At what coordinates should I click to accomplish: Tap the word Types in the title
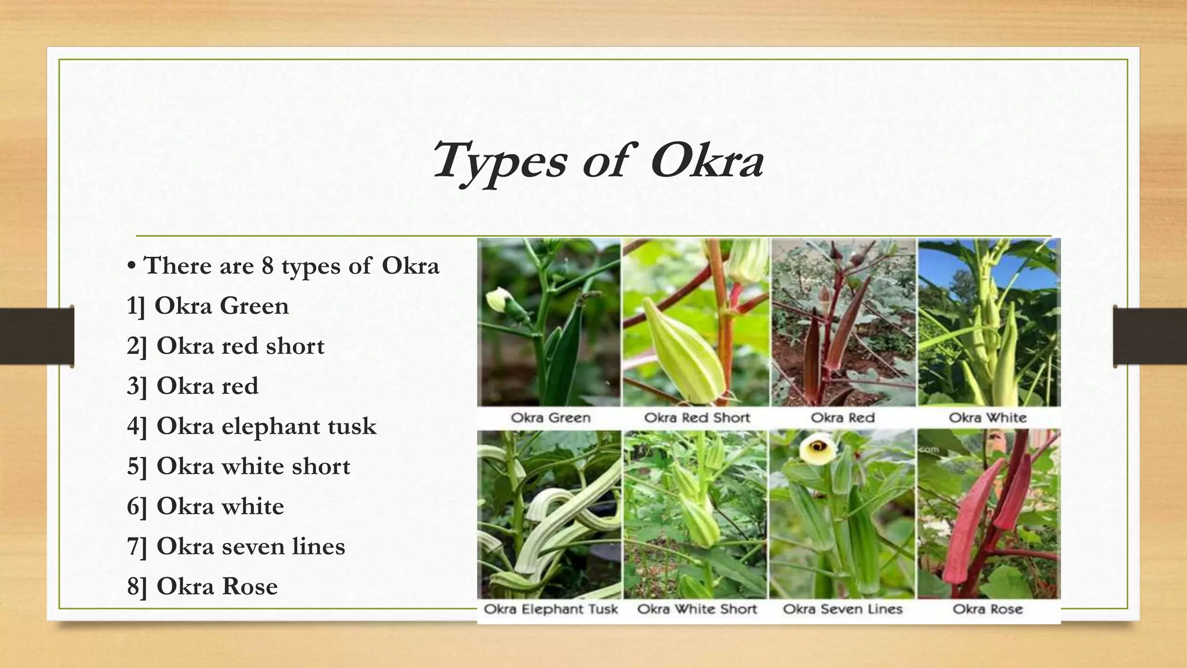click(x=499, y=161)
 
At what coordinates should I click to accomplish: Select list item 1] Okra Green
click(x=207, y=306)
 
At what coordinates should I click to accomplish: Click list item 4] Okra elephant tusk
click(x=252, y=426)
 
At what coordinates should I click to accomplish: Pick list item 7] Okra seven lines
click(x=236, y=546)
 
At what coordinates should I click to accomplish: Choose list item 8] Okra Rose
click(x=202, y=586)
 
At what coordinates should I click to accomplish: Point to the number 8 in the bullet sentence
click(x=267, y=266)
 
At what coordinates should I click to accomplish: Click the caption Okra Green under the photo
click(x=550, y=418)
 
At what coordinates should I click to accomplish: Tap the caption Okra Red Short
click(x=697, y=418)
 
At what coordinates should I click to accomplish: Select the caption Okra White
click(x=988, y=418)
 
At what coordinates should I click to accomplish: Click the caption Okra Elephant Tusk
click(x=550, y=609)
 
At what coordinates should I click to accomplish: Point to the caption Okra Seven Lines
click(x=842, y=609)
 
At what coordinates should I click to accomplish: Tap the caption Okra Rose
click(x=988, y=609)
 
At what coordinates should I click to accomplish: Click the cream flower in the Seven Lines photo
click(x=818, y=446)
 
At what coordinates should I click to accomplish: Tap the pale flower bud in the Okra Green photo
click(x=498, y=300)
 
